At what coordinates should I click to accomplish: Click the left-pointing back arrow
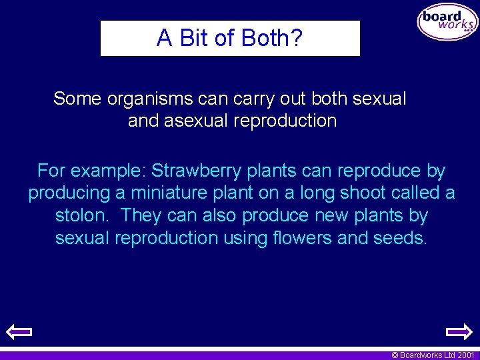(x=19, y=331)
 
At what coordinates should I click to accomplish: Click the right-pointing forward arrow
(x=459, y=331)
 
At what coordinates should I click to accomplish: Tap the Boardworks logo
(x=447, y=23)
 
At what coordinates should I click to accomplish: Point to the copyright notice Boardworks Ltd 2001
(x=433, y=355)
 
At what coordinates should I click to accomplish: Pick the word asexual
(x=193, y=121)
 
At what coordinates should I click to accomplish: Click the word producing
(x=69, y=193)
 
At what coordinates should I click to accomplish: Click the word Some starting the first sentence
(x=77, y=99)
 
